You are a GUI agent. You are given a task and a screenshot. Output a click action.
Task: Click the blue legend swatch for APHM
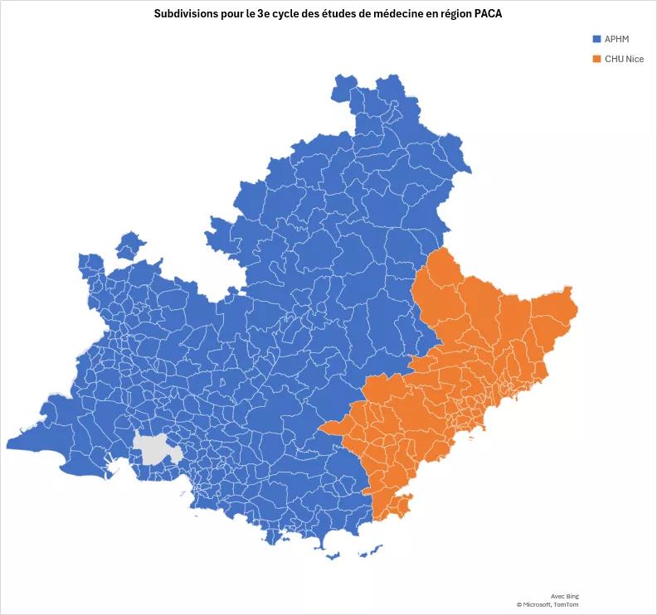[596, 39]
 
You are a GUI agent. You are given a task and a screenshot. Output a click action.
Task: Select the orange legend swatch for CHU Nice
[596, 59]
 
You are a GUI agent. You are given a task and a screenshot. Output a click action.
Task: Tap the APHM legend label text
[616, 39]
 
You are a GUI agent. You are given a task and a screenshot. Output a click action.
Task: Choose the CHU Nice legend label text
[624, 59]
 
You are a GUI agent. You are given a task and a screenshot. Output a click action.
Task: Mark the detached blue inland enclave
[129, 245]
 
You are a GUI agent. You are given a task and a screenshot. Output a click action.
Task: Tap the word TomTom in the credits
[567, 604]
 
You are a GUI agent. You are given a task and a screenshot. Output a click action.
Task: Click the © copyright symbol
[518, 604]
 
